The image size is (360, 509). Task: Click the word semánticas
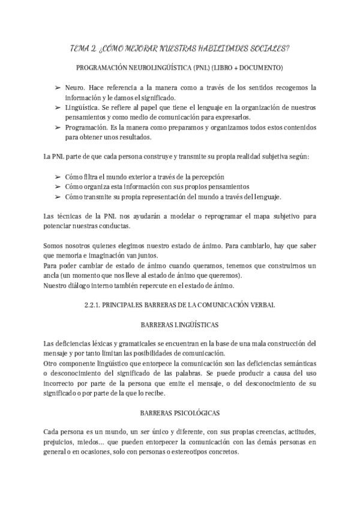[297, 364]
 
